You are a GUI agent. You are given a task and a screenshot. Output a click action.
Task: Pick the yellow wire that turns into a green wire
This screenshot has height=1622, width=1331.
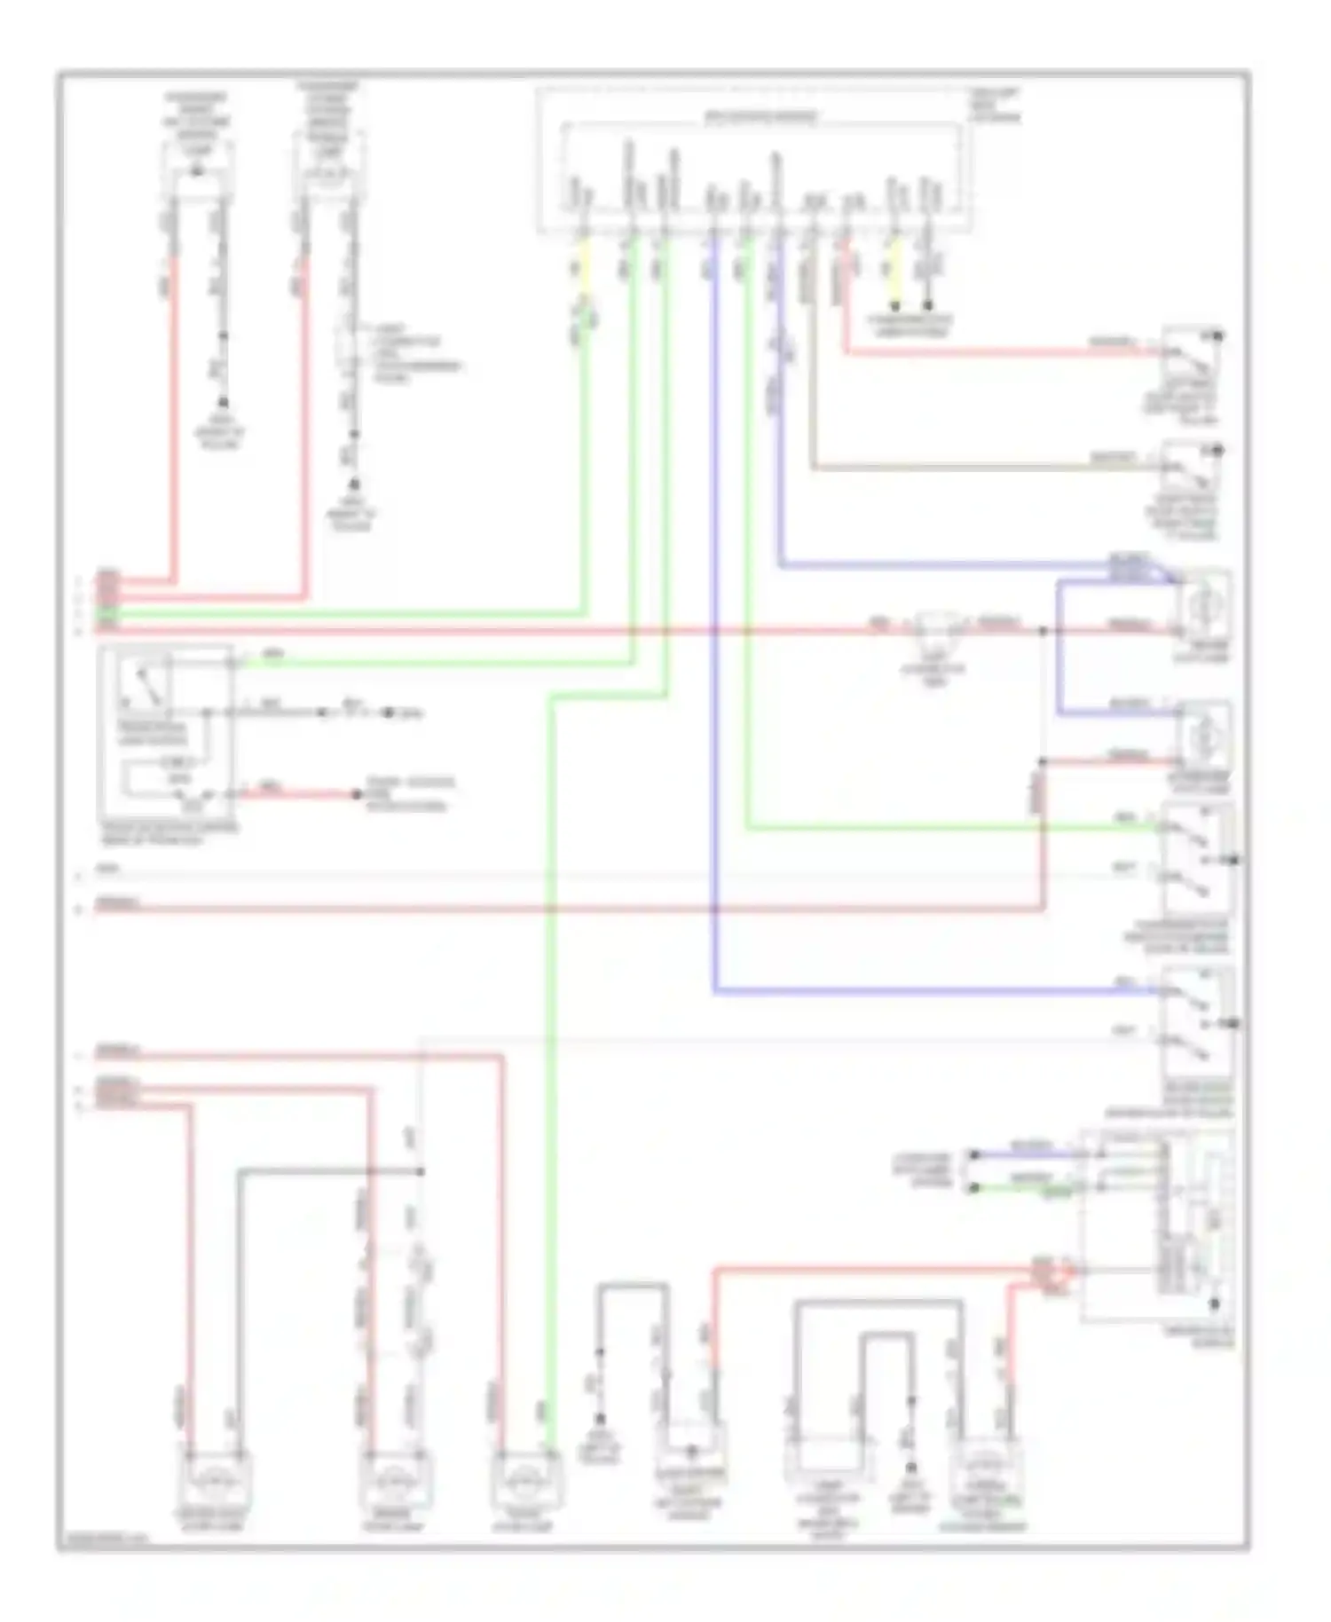[584, 266]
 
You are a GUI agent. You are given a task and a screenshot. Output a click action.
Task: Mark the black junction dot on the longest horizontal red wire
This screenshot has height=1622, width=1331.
[1044, 631]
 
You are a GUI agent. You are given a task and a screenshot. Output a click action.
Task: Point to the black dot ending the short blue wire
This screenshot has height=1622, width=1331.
[974, 1154]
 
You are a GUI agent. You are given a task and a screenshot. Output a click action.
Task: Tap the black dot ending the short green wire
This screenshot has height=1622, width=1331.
[974, 1188]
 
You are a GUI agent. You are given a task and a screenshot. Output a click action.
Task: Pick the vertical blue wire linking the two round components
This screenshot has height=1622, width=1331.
[1059, 648]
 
